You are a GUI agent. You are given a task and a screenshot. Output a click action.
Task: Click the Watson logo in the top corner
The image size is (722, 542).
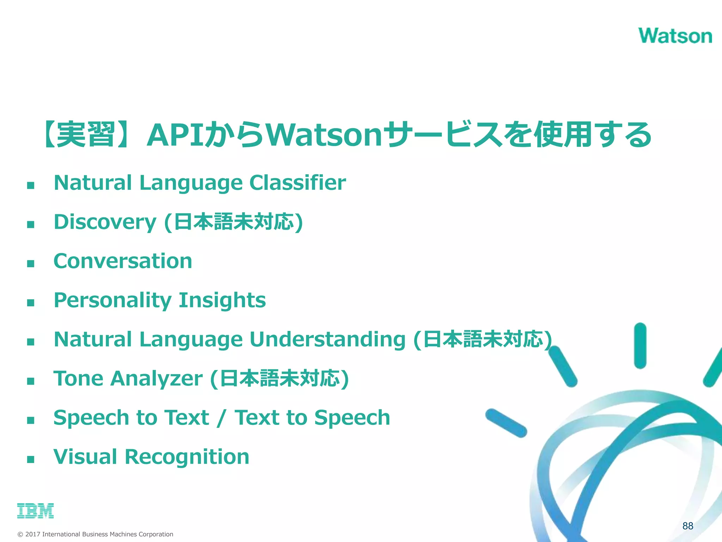pos(675,36)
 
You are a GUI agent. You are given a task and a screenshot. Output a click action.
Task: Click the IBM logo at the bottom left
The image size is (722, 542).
pos(35,511)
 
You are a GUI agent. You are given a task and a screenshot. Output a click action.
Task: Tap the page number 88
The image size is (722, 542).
pos(688,526)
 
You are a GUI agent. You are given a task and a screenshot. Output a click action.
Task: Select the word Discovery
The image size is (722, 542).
pos(105,222)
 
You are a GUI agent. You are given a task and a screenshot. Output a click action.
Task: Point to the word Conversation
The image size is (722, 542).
pos(123,261)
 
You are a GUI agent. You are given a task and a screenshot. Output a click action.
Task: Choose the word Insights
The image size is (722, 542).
pos(222,300)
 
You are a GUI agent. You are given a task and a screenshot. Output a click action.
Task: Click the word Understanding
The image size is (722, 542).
pos(328,339)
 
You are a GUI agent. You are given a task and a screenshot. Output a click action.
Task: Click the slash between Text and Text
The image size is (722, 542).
pos(221,418)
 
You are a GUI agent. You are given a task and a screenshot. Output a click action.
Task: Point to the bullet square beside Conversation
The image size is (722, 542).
pos(31,263)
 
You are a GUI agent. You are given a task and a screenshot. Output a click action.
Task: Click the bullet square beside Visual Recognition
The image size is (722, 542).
pos(31,459)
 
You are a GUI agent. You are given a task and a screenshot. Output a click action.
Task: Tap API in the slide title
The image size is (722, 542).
pos(175,135)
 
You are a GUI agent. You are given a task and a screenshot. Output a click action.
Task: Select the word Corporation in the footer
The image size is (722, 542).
pos(156,534)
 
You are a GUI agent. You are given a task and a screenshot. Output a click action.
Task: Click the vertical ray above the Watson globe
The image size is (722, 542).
pos(640,346)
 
